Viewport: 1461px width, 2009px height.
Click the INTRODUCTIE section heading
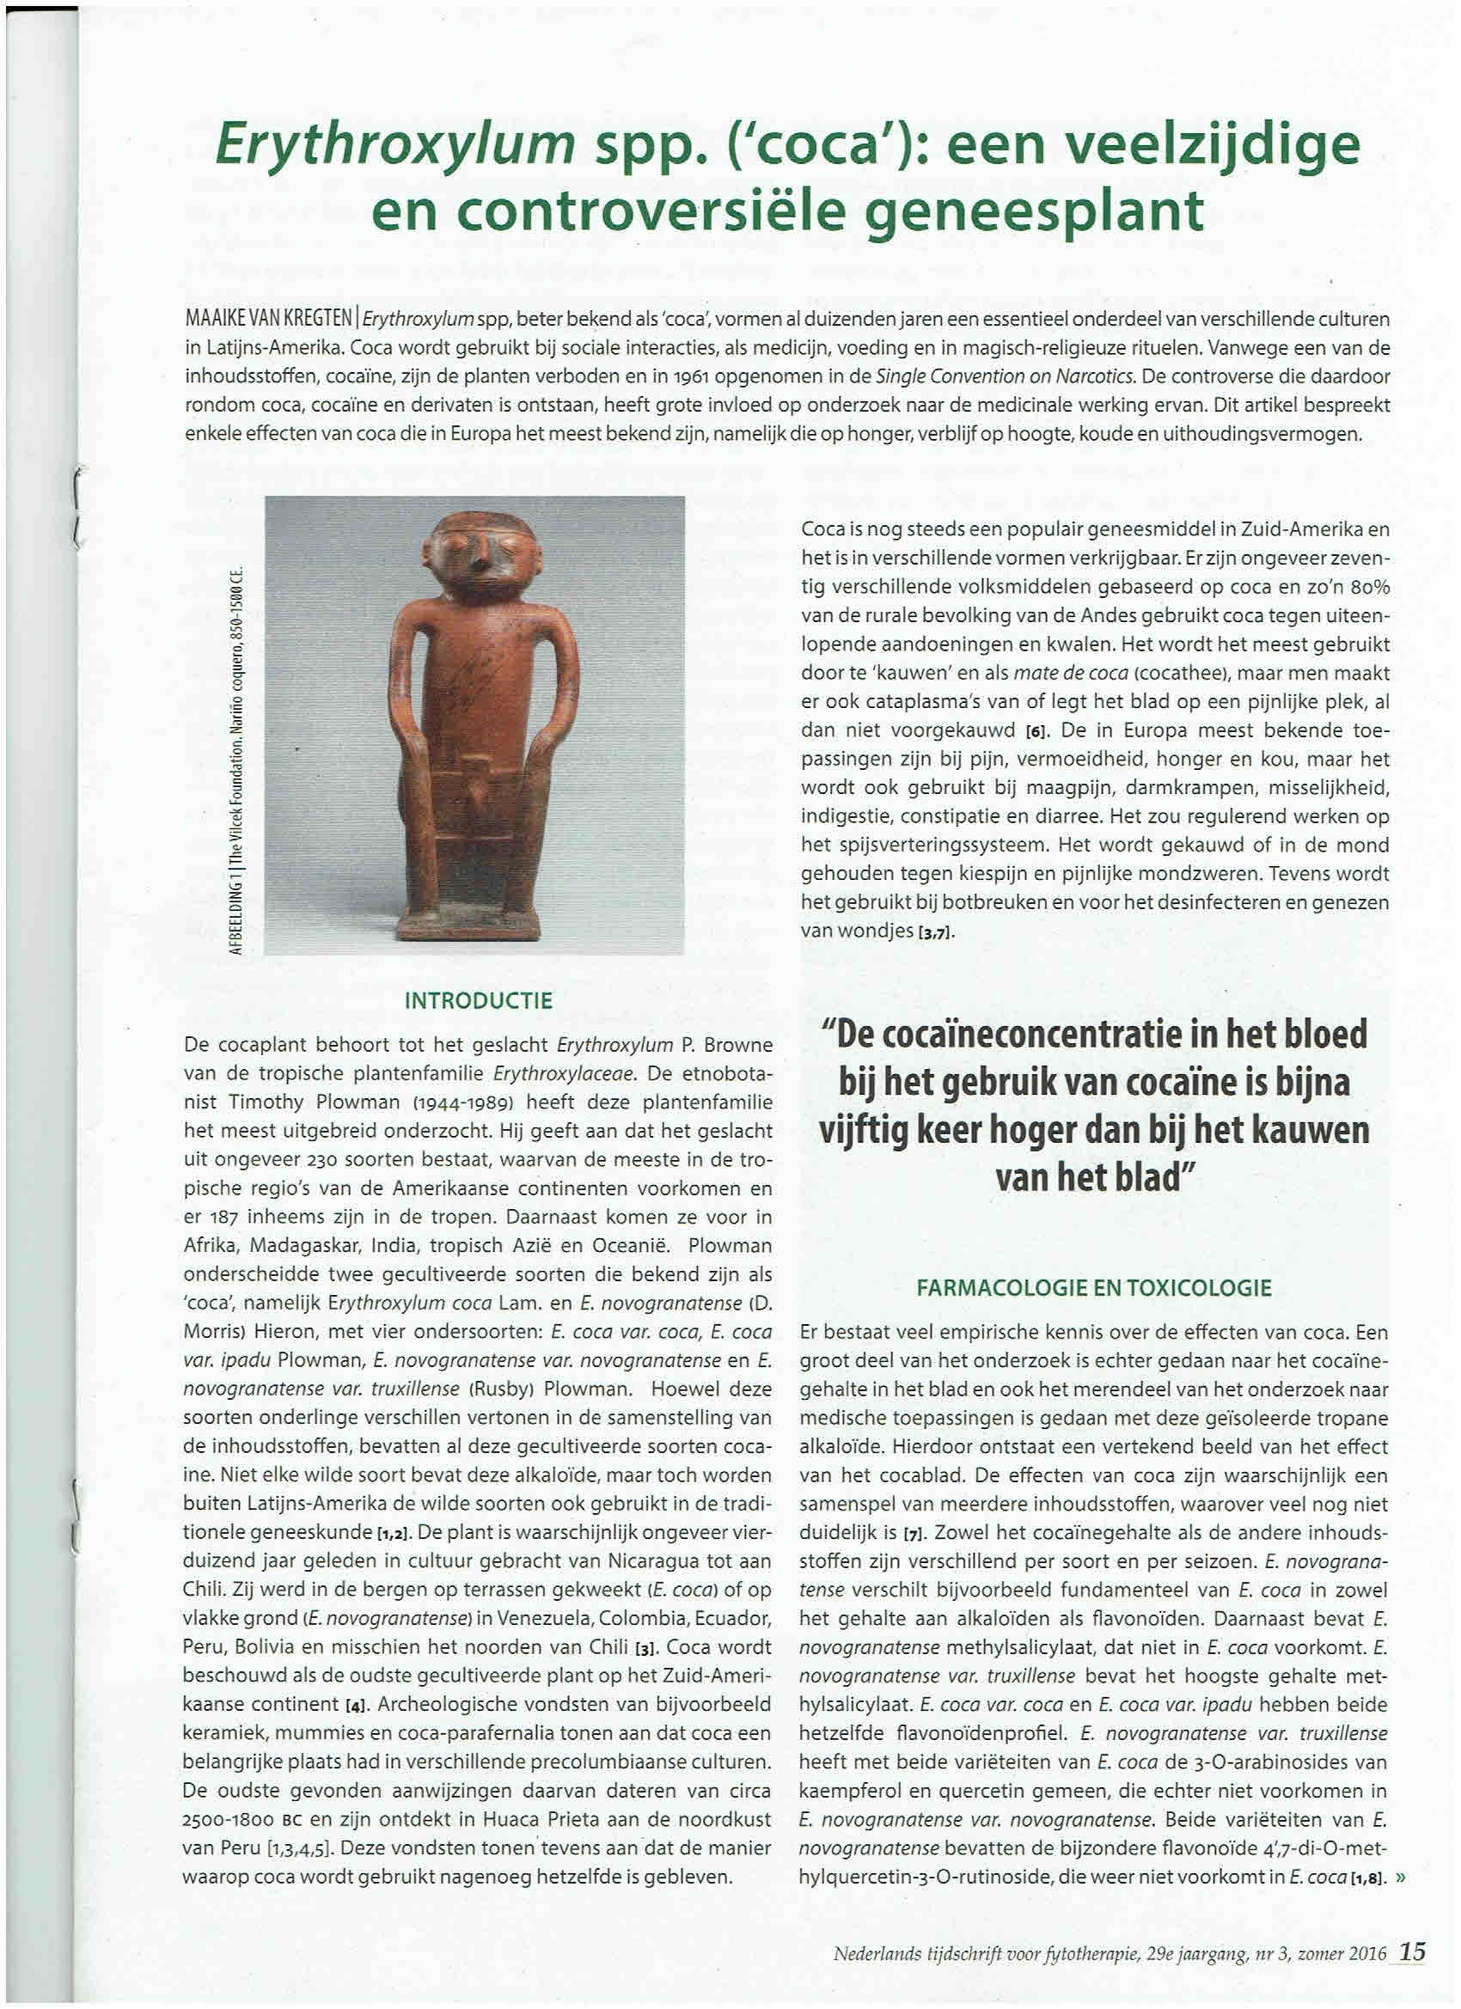[479, 1001]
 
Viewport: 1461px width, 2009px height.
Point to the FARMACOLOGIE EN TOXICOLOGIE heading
[1094, 1287]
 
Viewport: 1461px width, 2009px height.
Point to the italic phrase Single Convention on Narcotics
[1006, 376]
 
